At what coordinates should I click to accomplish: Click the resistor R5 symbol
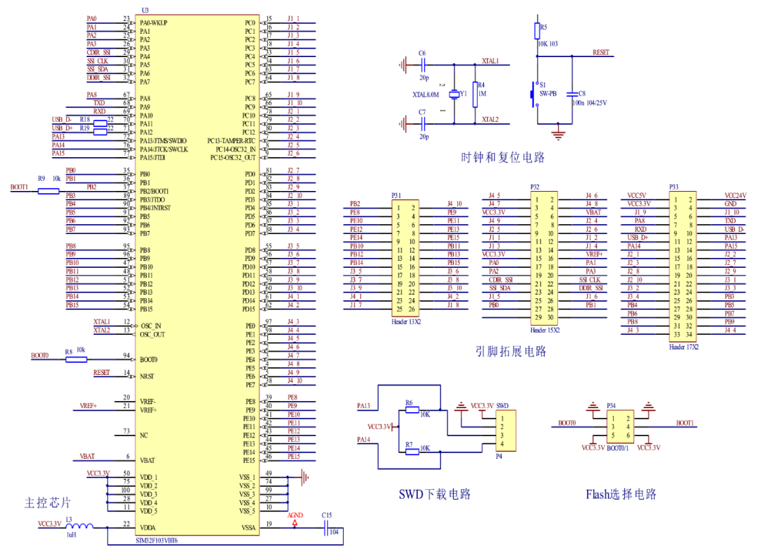tap(536, 30)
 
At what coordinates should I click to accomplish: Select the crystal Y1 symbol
tap(454, 93)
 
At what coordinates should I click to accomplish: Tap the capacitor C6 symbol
tap(422, 65)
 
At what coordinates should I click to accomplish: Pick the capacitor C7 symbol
tap(422, 123)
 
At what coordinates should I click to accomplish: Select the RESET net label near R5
tap(600, 52)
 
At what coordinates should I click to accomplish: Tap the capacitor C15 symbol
tap(326, 531)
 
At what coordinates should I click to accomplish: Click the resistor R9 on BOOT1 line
tap(47, 190)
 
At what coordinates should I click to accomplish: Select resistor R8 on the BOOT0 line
tap(75, 359)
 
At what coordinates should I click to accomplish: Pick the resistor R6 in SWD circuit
tap(412, 409)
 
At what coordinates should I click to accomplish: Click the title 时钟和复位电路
tap(503, 156)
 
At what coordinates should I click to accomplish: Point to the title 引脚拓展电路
tap(511, 351)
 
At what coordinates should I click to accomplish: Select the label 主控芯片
tap(48, 502)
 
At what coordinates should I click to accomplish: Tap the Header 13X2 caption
tap(407, 321)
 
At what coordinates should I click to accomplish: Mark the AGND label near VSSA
tap(295, 515)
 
